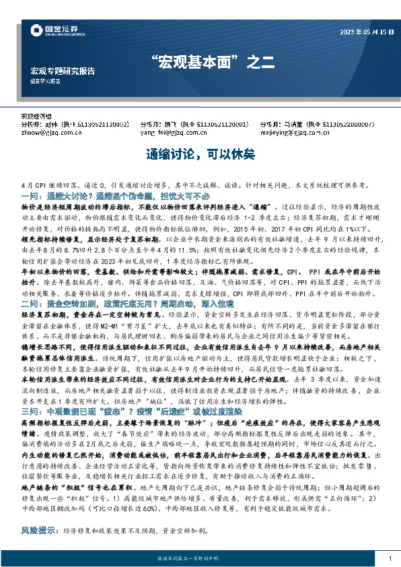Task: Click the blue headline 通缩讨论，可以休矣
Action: [x=200, y=155]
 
